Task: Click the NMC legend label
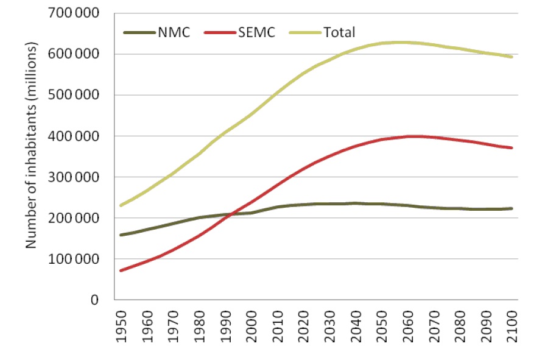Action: tap(175, 32)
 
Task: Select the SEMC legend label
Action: tap(258, 32)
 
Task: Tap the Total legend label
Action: tap(340, 32)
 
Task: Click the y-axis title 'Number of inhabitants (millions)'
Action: tap(31, 146)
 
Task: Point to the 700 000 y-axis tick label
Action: tap(77, 13)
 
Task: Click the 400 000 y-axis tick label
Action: tap(77, 136)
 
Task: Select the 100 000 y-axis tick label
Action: tap(77, 259)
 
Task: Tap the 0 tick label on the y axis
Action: tap(94, 300)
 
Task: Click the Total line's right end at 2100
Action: tap(512, 57)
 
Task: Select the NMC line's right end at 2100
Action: tap(512, 208)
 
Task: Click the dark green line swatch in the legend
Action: tap(139, 32)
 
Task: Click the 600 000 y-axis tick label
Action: tap(77, 54)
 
